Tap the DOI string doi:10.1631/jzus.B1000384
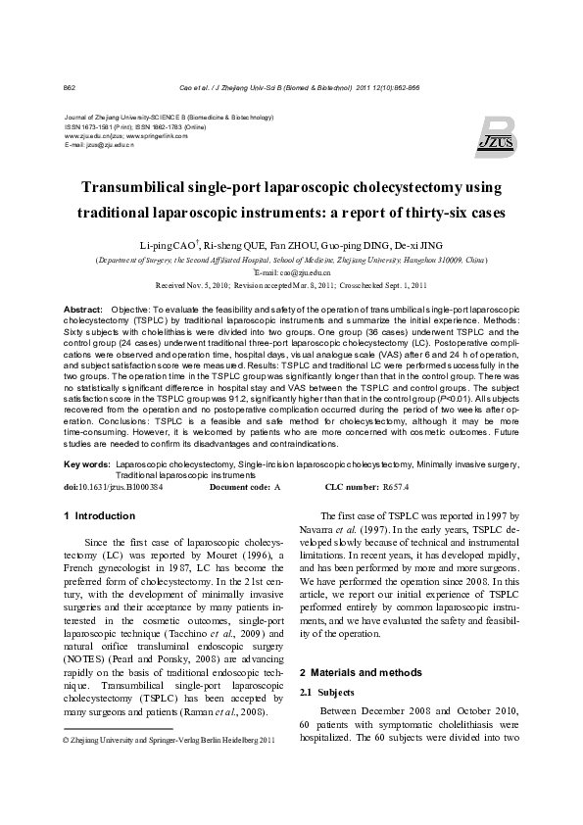[x=113, y=486]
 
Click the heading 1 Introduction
[x=99, y=515]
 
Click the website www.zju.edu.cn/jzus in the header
[x=89, y=135]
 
